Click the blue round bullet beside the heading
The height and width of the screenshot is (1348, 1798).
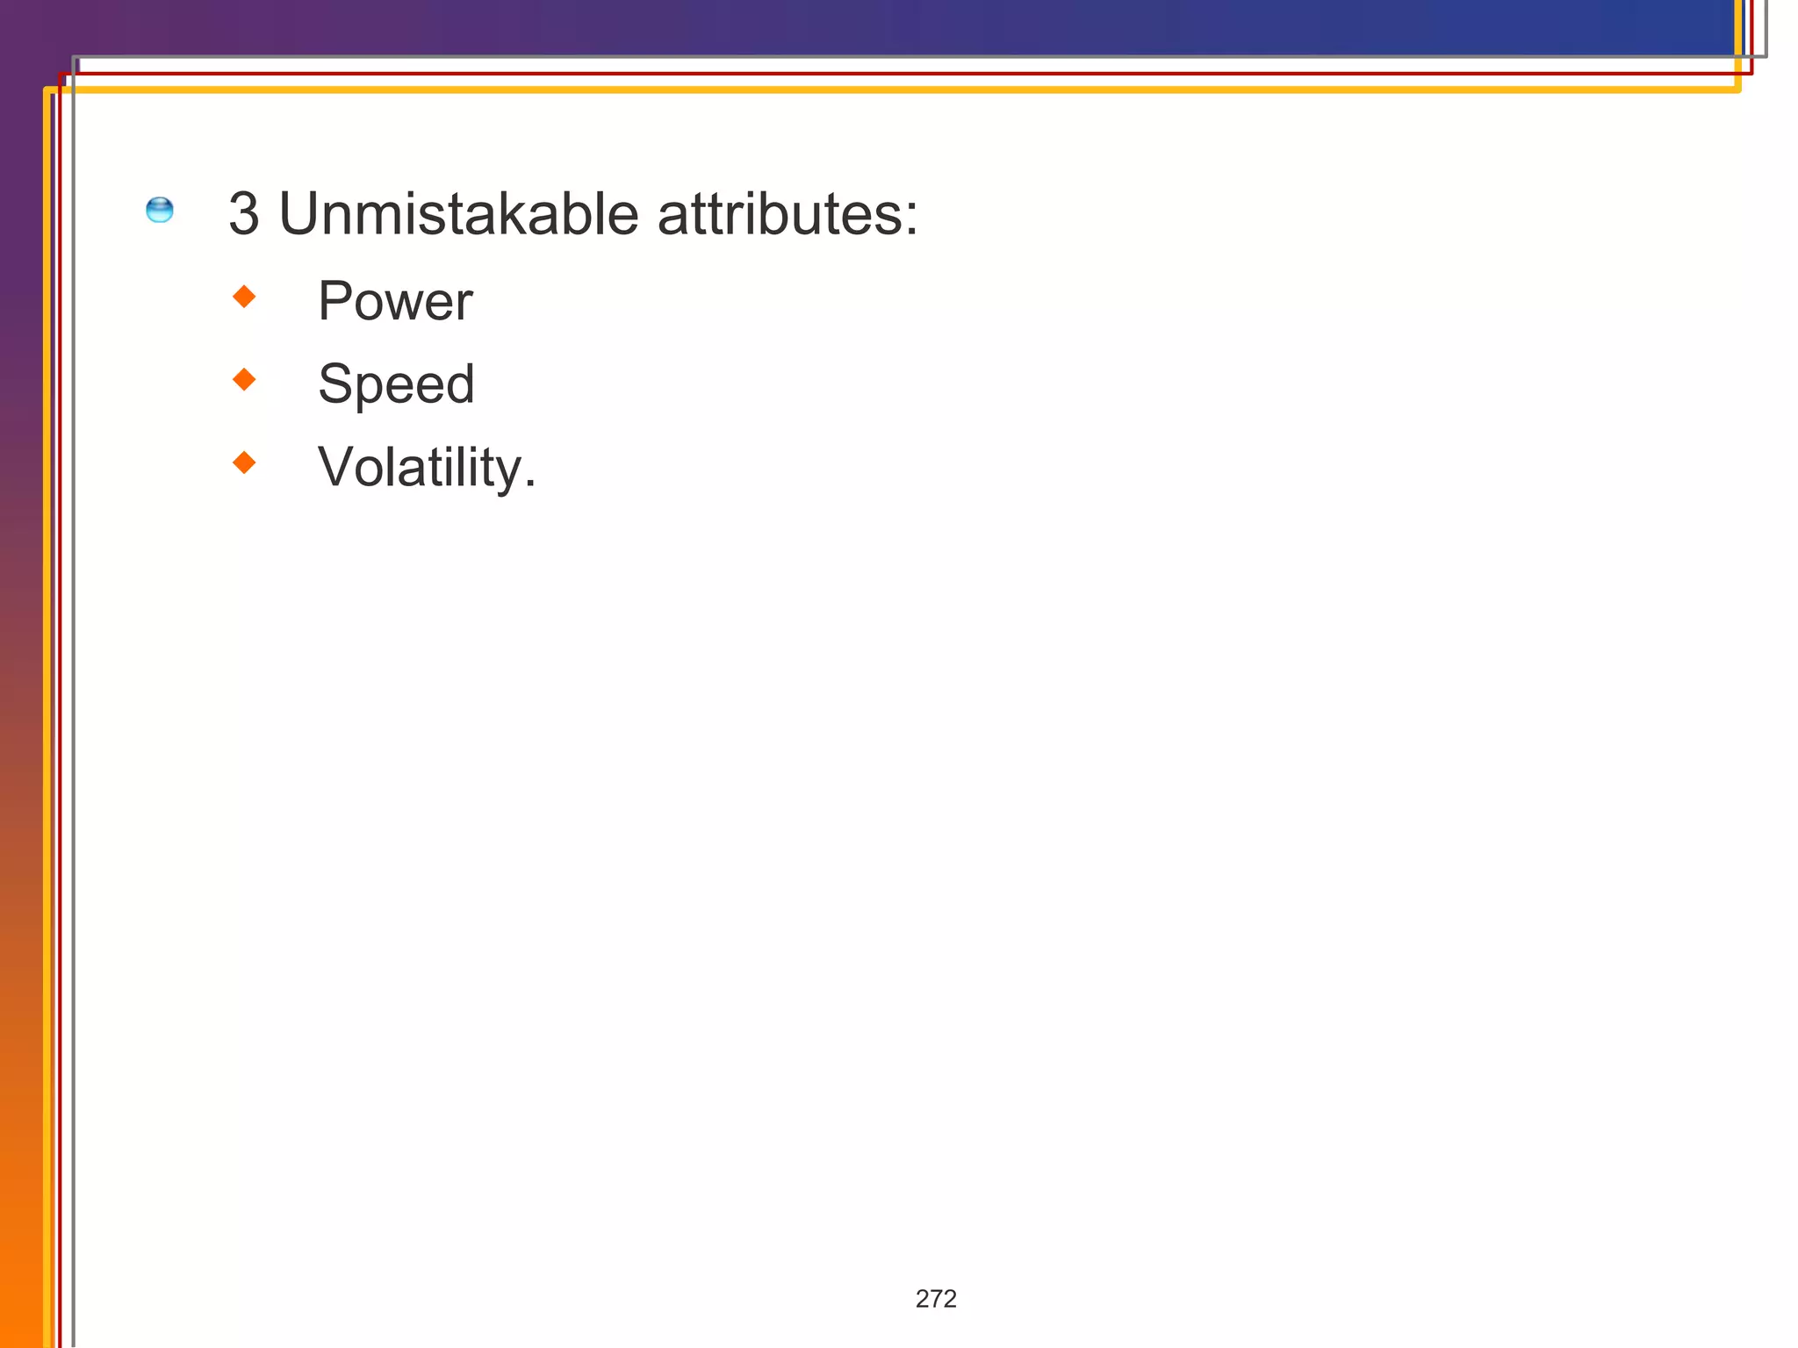pos(160,211)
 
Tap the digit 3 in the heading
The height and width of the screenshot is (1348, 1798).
pos(244,214)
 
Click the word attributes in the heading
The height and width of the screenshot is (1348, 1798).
pos(777,214)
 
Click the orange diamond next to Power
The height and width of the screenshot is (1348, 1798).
pos(244,297)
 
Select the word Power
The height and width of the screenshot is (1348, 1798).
pos(395,302)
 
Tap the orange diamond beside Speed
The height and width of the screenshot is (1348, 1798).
pos(244,379)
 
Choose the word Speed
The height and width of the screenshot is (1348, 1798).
pos(396,384)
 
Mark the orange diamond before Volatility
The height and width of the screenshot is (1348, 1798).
pos(244,462)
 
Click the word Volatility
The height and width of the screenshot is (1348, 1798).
pos(421,467)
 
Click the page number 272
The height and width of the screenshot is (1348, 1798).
pos(936,1299)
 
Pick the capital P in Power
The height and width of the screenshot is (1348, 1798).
pos(335,302)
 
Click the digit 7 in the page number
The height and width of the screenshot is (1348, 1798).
pos(936,1299)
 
